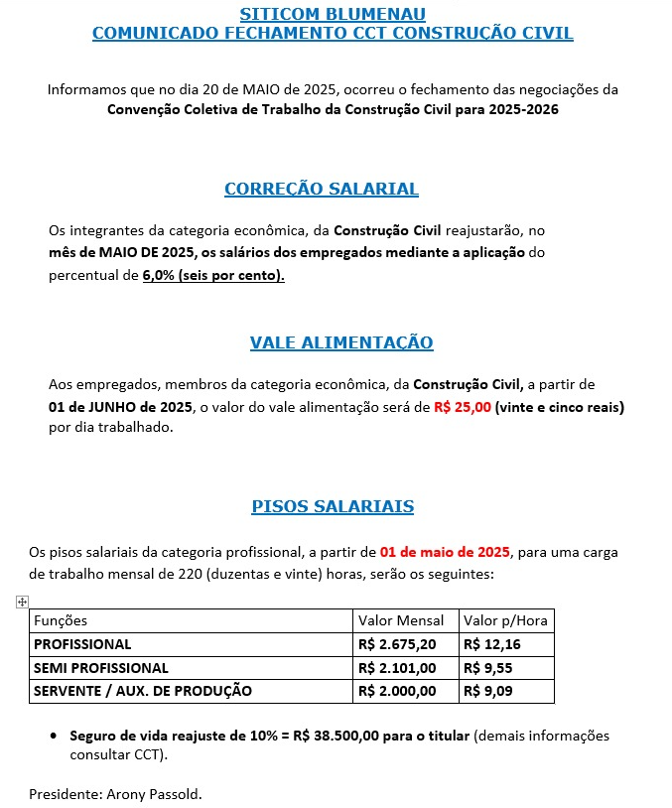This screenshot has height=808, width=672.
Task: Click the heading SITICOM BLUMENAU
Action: click(333, 14)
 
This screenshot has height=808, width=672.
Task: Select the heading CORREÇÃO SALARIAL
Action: click(322, 189)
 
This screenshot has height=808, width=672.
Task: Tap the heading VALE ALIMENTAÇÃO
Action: click(341, 342)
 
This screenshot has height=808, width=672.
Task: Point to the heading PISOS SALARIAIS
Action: click(333, 506)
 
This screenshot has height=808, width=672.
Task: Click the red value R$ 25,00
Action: click(463, 408)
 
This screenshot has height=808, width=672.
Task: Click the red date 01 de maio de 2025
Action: click(444, 552)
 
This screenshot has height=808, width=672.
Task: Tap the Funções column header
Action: click(62, 620)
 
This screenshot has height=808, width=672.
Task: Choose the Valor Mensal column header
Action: click(401, 620)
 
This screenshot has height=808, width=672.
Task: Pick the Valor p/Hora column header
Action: click(505, 620)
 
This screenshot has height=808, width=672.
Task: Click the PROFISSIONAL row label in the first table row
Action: click(82, 644)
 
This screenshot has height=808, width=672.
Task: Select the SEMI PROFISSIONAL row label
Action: click(101, 668)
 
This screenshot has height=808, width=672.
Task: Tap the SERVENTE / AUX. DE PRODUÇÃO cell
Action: click(143, 691)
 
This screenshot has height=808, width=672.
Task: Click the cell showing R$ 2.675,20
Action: click(397, 644)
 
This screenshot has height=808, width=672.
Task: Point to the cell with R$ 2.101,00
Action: click(397, 668)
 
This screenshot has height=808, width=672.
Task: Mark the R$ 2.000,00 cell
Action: click(397, 691)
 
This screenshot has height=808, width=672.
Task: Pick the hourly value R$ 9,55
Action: click(487, 668)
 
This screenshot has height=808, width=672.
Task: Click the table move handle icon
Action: click(22, 602)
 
